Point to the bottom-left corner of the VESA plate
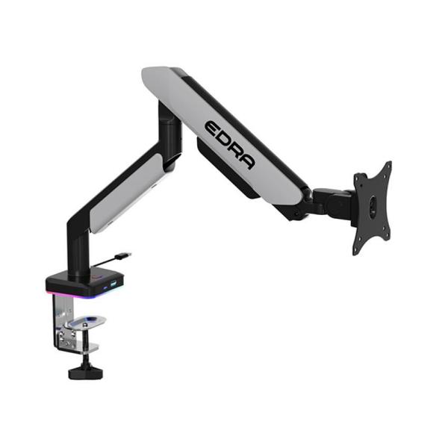(357, 250)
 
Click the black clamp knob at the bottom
(85, 371)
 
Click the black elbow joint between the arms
(169, 131)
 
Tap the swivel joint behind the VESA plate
(332, 201)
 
